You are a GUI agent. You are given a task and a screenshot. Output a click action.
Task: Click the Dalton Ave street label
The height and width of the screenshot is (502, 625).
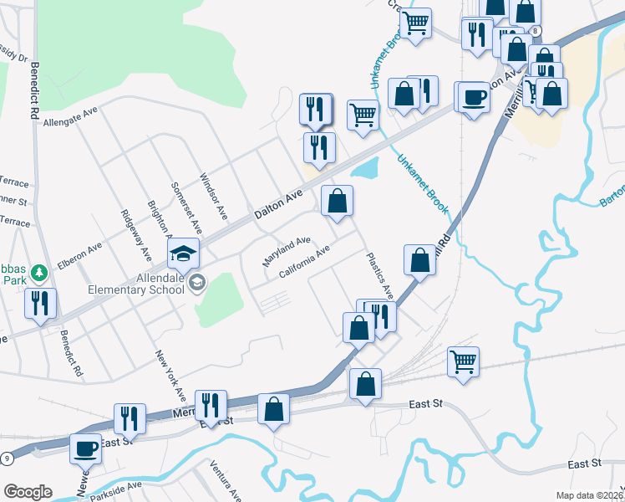tap(277, 205)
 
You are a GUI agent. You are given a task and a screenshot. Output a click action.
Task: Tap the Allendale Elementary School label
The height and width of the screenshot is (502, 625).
tap(137, 284)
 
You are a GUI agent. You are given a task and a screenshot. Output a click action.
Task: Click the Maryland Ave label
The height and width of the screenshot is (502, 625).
tap(287, 250)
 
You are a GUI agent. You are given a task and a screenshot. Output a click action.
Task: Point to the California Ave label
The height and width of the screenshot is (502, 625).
tap(305, 262)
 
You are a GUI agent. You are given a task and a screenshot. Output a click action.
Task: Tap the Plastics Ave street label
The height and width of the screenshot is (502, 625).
tap(379, 274)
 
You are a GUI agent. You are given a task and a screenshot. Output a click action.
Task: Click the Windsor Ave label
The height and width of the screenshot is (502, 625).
tap(213, 197)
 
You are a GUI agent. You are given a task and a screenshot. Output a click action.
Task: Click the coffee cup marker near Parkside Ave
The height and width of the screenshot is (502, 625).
tap(85, 449)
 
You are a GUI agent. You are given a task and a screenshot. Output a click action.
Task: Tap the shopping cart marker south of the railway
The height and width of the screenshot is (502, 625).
tap(463, 361)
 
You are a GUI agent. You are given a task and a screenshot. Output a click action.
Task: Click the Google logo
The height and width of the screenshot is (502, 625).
tap(28, 492)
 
